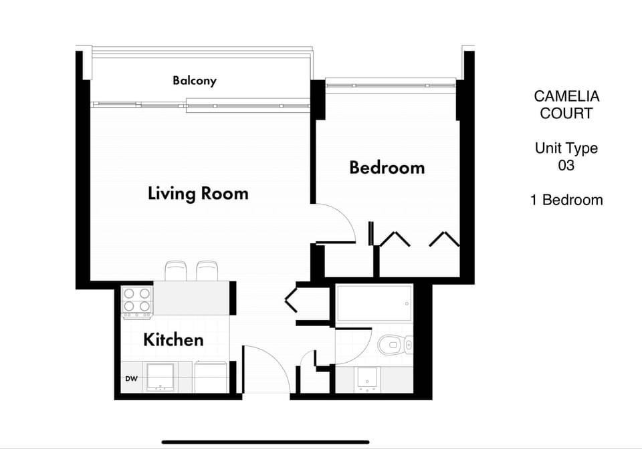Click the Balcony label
(195, 81)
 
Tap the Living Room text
(198, 194)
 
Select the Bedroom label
(387, 167)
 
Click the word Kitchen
(173, 339)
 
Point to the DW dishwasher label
(131, 379)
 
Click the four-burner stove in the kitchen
(136, 301)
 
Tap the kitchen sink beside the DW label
(160, 378)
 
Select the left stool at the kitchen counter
(175, 271)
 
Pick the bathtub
(374, 303)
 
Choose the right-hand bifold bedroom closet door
(444, 239)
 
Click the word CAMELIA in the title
(566, 97)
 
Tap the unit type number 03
(566, 166)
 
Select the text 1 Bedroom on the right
(566, 200)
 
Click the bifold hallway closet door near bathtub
(292, 299)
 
